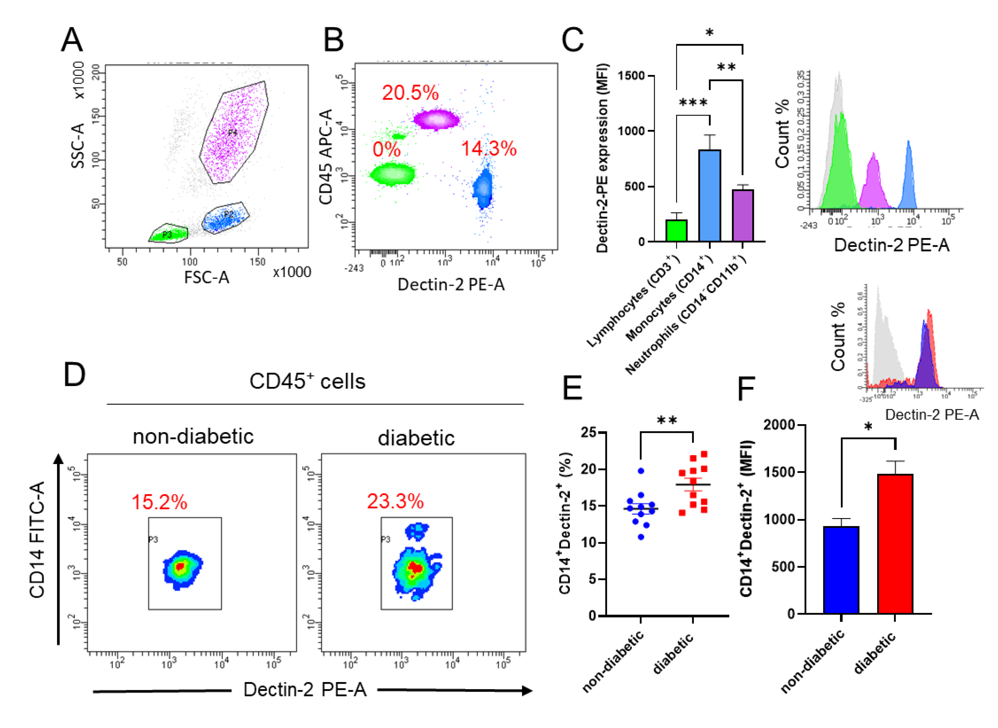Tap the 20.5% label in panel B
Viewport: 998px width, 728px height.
coord(410,93)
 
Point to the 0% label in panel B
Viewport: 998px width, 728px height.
coord(386,150)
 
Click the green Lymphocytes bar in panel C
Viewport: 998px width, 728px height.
coord(676,230)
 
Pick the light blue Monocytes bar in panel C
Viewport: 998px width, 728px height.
coord(709,196)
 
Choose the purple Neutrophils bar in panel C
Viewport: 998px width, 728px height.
coord(743,215)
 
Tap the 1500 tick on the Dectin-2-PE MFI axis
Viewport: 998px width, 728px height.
coord(631,76)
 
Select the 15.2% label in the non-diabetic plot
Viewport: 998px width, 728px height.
coord(160,502)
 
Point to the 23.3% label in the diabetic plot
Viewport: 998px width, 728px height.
coord(395,501)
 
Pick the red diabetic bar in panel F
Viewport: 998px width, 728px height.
coord(895,544)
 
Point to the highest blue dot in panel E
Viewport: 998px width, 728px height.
coord(641,471)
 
